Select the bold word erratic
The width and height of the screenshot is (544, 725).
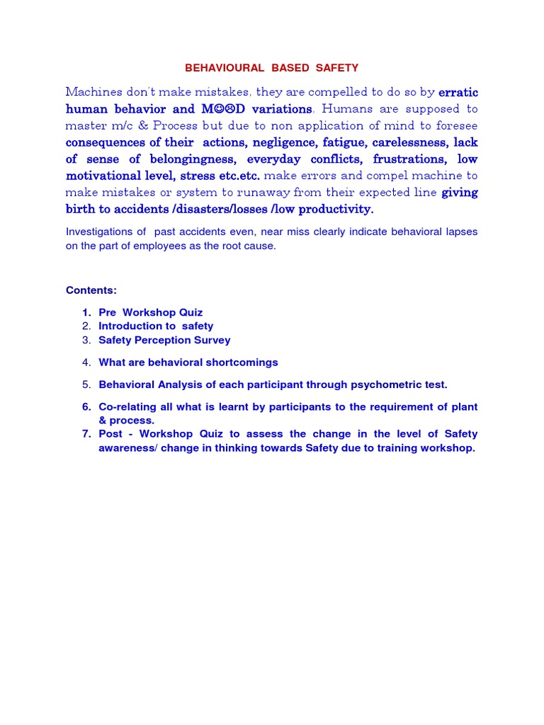[458, 92]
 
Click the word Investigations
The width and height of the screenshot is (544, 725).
[98, 232]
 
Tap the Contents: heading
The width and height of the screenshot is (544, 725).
[91, 290]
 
